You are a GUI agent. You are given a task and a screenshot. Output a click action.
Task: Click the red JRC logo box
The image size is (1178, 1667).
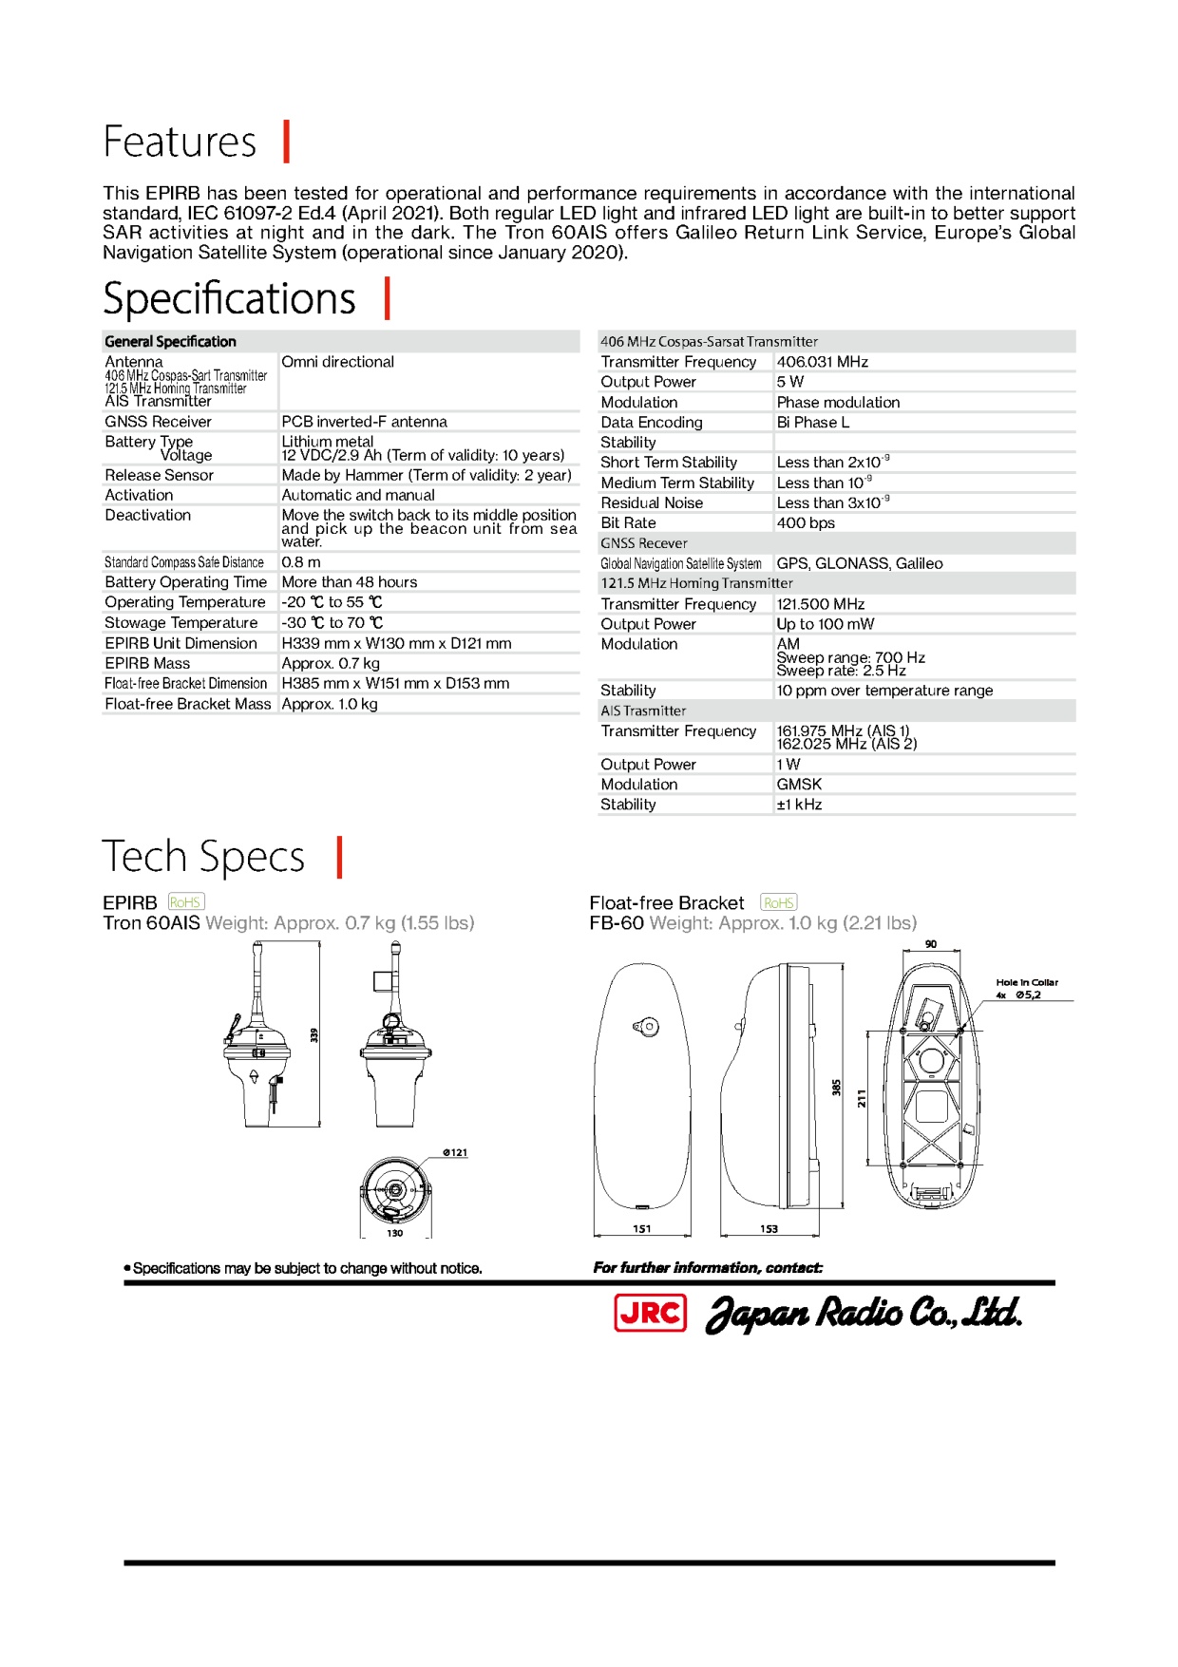pyautogui.click(x=651, y=1313)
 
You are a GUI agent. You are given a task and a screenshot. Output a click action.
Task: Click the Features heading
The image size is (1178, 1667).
pyautogui.click(x=180, y=142)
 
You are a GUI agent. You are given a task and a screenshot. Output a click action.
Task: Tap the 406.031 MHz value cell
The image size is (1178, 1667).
pyautogui.click(x=823, y=362)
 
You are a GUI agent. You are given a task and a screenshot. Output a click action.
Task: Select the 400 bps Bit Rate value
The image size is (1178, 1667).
pyautogui.click(x=806, y=523)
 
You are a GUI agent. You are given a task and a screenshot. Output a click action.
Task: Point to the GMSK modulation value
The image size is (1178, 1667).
pyautogui.click(x=799, y=785)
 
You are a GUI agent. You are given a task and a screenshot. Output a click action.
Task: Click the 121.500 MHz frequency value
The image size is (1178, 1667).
pyautogui.click(x=821, y=604)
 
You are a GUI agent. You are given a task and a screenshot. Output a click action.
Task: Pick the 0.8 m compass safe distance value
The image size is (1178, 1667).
pyautogui.click(x=301, y=562)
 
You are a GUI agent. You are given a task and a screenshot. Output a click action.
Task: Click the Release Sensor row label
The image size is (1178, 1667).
pyautogui.click(x=160, y=475)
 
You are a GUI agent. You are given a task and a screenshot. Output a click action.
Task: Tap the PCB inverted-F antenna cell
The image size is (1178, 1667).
pyautogui.click(x=364, y=422)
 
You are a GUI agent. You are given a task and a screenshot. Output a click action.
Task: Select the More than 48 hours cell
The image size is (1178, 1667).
pyautogui.click(x=350, y=582)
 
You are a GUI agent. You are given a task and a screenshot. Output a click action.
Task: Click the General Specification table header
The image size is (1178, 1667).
pyautogui.click(x=171, y=342)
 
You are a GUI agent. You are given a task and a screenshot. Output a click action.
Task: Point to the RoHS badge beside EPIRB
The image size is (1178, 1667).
pyautogui.click(x=186, y=902)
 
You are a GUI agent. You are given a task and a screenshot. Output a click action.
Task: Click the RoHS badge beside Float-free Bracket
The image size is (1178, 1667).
pyautogui.click(x=779, y=902)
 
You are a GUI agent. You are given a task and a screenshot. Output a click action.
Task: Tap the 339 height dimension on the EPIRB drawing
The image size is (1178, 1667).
pyautogui.click(x=314, y=1034)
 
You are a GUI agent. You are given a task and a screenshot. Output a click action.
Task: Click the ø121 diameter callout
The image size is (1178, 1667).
pyautogui.click(x=455, y=1152)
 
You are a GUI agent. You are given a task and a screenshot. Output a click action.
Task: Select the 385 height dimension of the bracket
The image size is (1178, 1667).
pyautogui.click(x=837, y=1088)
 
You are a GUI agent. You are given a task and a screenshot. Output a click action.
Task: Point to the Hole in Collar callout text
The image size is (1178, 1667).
pyautogui.click(x=1027, y=982)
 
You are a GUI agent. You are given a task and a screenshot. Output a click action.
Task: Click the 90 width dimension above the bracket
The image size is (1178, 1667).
pyautogui.click(x=931, y=944)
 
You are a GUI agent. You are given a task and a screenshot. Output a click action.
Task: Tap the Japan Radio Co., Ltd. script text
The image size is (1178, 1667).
pyautogui.click(x=864, y=1313)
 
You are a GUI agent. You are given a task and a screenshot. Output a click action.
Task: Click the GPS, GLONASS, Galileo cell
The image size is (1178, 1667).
pyautogui.click(x=860, y=564)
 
